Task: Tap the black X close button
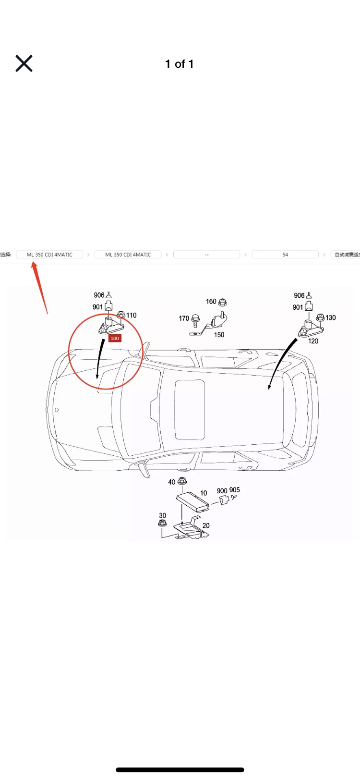click(x=24, y=63)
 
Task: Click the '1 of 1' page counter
click(x=180, y=64)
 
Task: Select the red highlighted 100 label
click(x=115, y=338)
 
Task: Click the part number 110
click(x=132, y=315)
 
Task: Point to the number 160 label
click(x=211, y=302)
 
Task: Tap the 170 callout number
click(x=184, y=318)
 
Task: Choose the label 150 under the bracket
click(x=219, y=335)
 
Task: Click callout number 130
click(x=331, y=317)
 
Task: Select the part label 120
click(x=313, y=341)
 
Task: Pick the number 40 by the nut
click(x=171, y=482)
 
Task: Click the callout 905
click(x=234, y=490)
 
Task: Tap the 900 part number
click(x=222, y=491)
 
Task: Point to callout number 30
click(x=163, y=515)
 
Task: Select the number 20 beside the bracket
click(x=206, y=525)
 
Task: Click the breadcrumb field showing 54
click(x=285, y=255)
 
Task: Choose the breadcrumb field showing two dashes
click(x=206, y=255)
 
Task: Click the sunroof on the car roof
click(x=190, y=410)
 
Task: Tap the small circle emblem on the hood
click(x=57, y=410)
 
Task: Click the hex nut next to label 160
click(x=222, y=303)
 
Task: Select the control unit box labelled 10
click(x=192, y=500)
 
